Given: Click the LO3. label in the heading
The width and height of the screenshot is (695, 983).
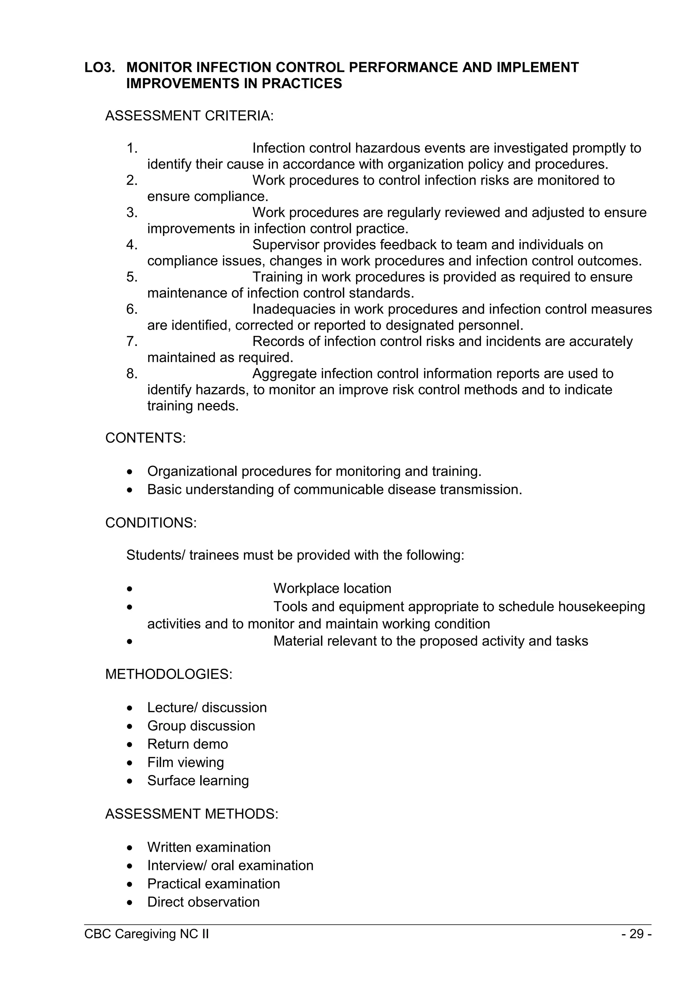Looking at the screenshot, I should pyautogui.click(x=100, y=68).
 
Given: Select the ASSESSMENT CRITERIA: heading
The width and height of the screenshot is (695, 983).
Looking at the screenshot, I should pyautogui.click(x=189, y=116).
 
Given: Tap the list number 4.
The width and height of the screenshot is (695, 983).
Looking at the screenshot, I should pyautogui.click(x=132, y=245).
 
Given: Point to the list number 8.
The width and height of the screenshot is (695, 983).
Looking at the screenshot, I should pyautogui.click(x=132, y=374).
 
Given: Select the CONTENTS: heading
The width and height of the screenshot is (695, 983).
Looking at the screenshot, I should pyautogui.click(x=146, y=438).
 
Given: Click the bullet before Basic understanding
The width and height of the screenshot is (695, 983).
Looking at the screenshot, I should pyautogui.click(x=130, y=490).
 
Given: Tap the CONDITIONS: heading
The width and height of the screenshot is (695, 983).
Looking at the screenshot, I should pyautogui.click(x=151, y=523).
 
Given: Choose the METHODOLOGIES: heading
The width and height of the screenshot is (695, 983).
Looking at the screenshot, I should pyautogui.click(x=169, y=674).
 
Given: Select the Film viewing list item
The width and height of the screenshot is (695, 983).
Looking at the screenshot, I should pyautogui.click(x=185, y=763).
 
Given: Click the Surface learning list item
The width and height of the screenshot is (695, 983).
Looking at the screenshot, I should pyautogui.click(x=198, y=781).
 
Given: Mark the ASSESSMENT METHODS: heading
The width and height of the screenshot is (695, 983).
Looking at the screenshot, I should pyautogui.click(x=191, y=814).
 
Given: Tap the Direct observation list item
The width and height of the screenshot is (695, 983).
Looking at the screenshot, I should pyautogui.click(x=203, y=902).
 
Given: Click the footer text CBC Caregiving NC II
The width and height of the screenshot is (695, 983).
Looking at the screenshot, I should pyautogui.click(x=147, y=934).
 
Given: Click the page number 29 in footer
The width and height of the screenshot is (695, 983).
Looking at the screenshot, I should pyautogui.click(x=636, y=934).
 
